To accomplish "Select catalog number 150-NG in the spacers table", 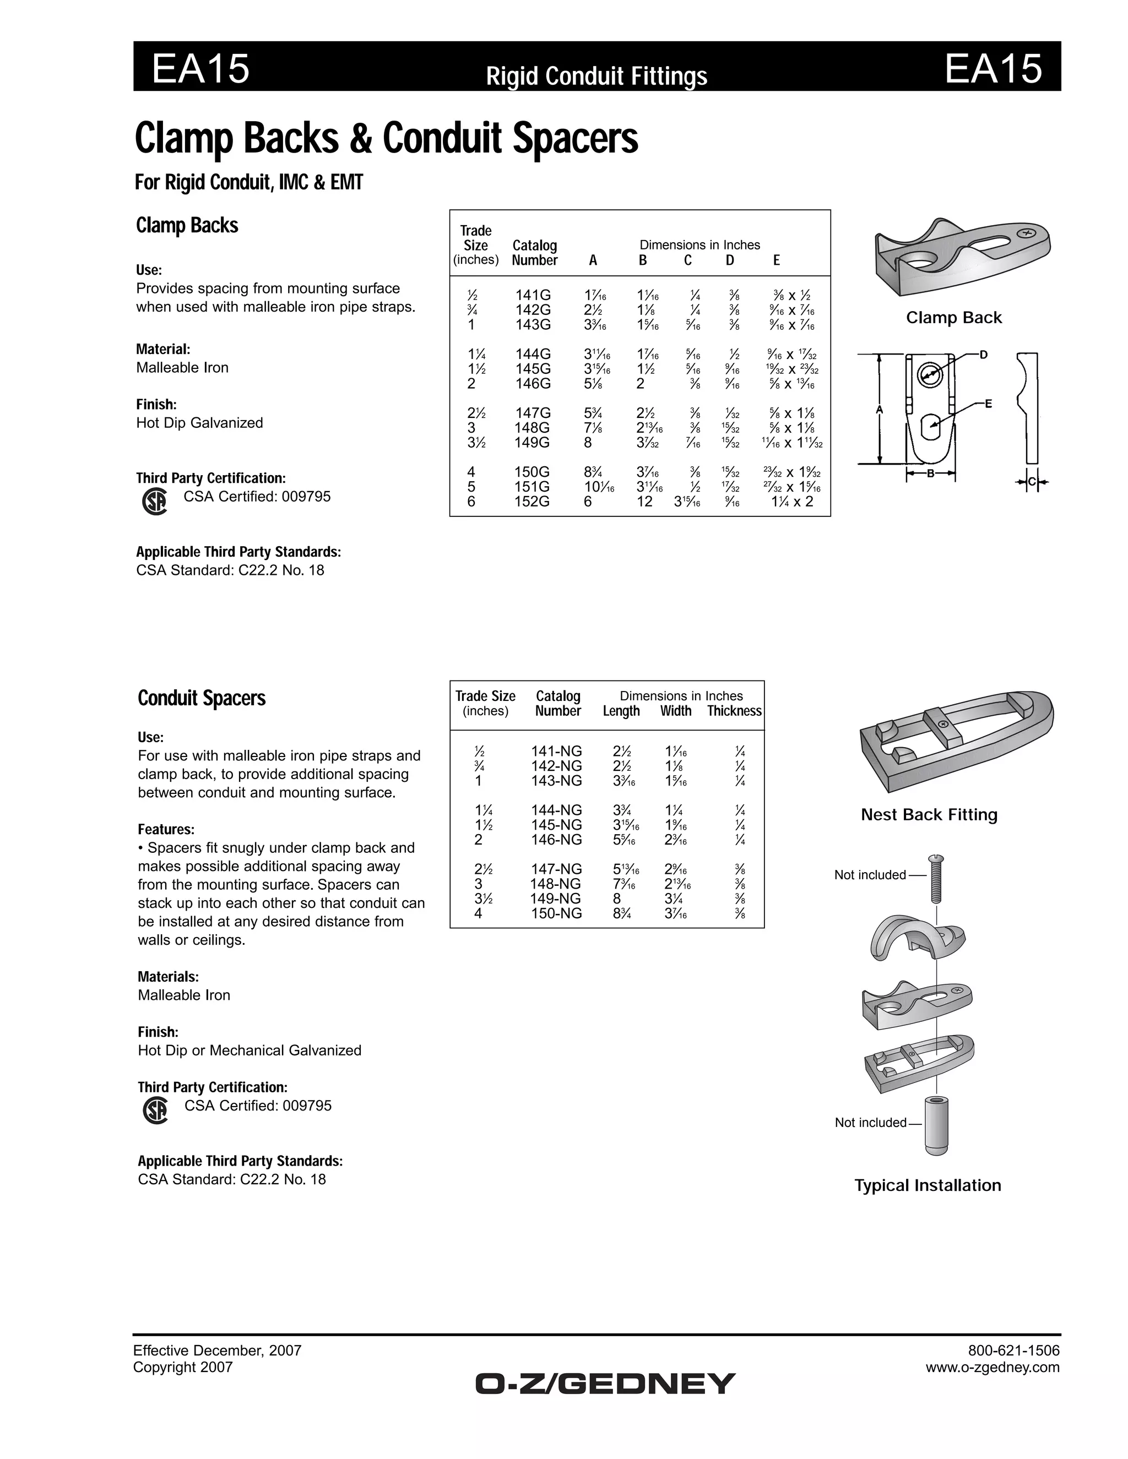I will coord(556,914).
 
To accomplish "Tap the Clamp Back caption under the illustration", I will coord(953,318).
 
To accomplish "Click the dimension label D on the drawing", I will coord(984,355).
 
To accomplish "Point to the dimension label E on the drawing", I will coord(988,404).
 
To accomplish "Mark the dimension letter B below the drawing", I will coord(931,474).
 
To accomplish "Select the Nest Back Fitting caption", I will coord(929,815).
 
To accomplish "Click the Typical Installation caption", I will coord(928,1186).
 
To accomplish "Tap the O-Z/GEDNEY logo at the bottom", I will coord(605,1384).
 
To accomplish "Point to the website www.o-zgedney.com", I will coord(993,1368).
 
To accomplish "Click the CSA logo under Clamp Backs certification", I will coord(155,502).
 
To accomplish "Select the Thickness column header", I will coord(734,711).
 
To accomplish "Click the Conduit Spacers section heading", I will coord(201,699).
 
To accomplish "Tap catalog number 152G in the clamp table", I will coord(532,502).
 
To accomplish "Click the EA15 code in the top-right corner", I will coord(993,69).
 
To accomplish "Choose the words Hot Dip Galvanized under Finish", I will coord(199,423).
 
